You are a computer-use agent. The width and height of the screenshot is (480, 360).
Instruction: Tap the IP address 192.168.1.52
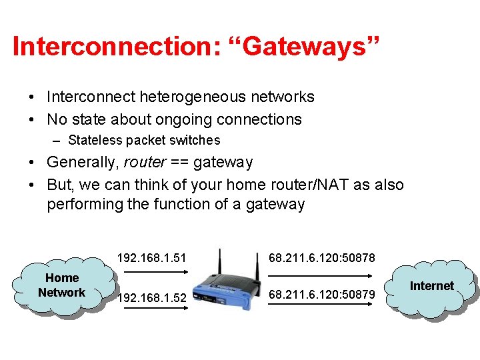151,298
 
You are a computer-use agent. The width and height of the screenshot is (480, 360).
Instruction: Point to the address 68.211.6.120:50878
322,257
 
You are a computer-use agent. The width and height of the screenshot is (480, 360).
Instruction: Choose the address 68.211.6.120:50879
322,294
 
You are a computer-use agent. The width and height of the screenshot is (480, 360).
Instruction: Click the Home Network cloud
61,285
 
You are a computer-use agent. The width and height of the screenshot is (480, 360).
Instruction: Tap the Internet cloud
431,287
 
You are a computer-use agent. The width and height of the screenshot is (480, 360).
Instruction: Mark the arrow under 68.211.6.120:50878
321,273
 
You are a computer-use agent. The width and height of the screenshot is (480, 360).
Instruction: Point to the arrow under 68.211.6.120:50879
321,305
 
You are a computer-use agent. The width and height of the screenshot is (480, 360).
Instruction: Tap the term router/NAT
305,185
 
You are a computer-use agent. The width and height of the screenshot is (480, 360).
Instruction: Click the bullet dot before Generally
33,162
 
